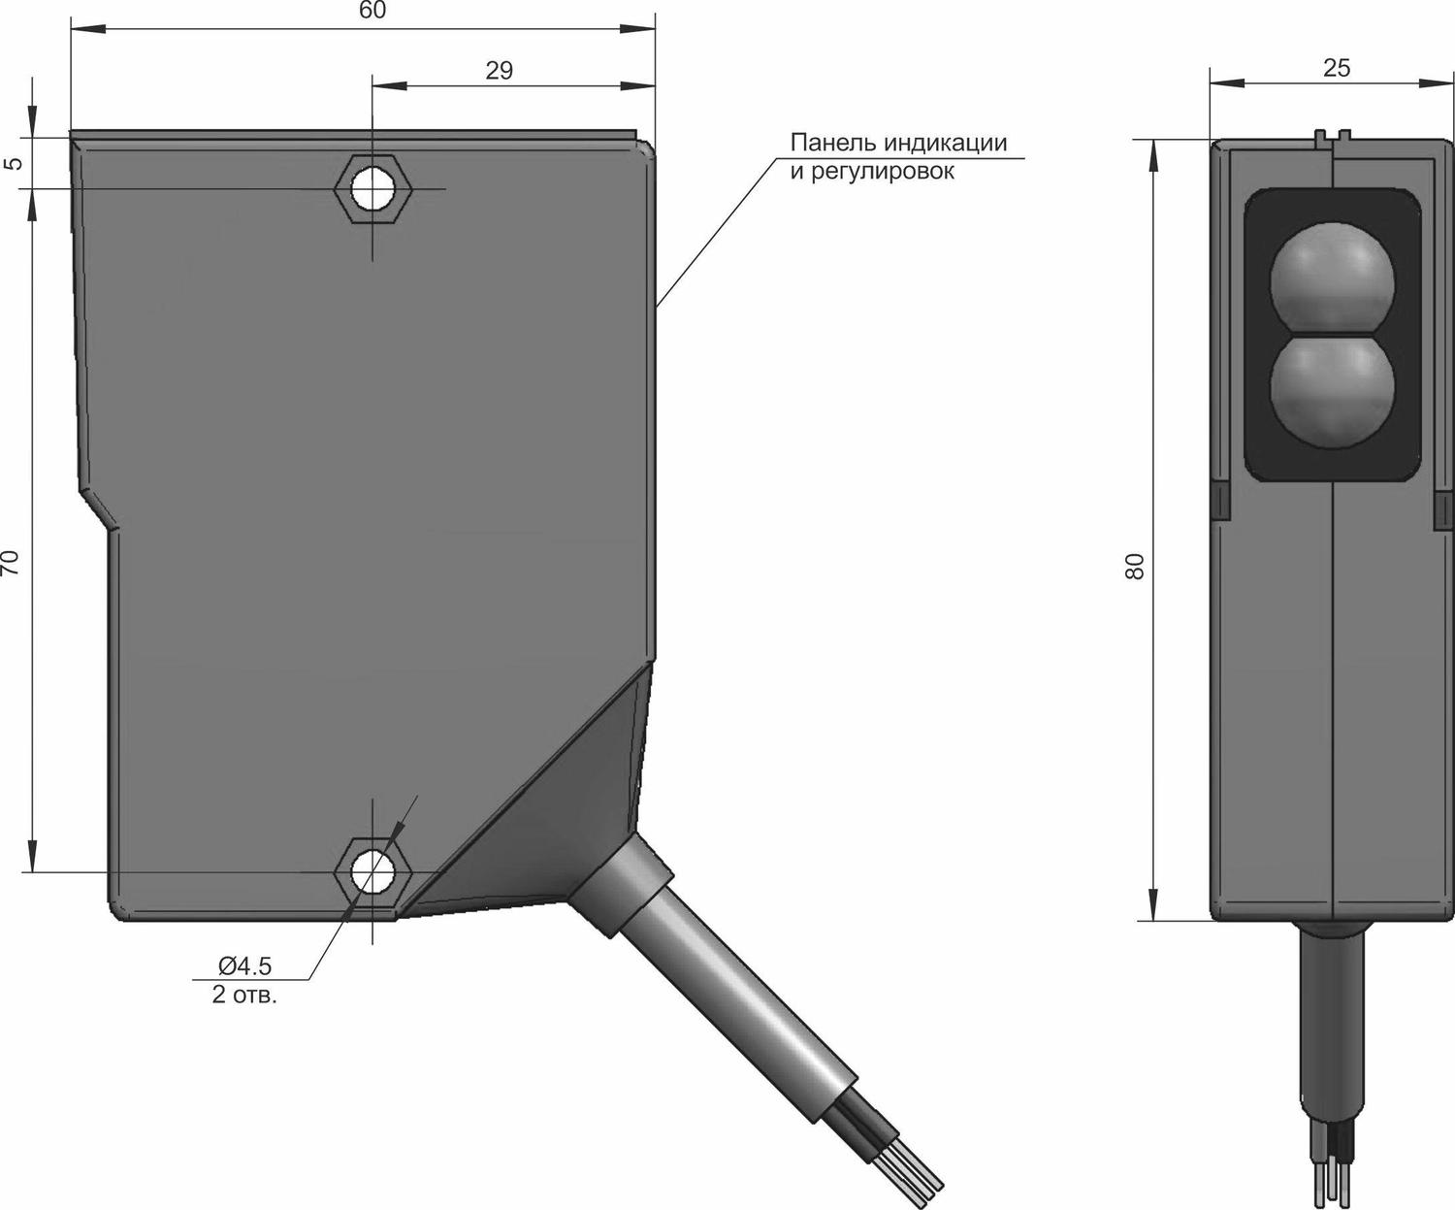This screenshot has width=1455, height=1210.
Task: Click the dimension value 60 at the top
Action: [372, 10]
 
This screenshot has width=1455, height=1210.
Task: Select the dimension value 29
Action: [499, 71]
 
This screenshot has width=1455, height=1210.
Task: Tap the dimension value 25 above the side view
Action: [1336, 68]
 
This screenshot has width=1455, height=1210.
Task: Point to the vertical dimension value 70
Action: [12, 563]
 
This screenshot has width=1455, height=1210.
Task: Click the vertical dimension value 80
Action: [1135, 566]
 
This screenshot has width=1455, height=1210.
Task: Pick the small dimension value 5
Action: [14, 163]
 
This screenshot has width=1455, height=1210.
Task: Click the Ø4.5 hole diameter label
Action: [245, 965]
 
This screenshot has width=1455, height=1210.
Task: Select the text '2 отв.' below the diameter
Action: [244, 995]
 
